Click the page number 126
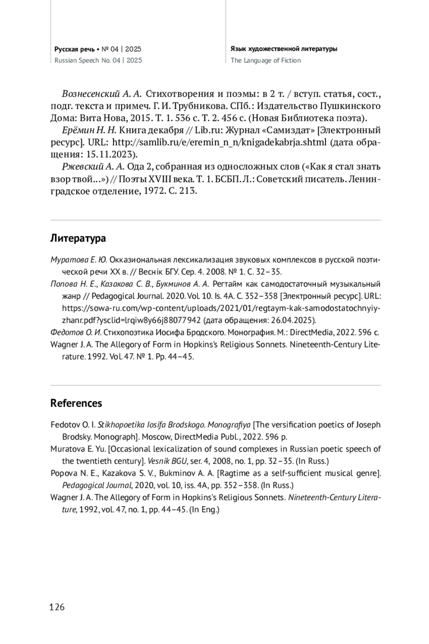pos(57,607)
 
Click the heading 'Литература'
pos(78,238)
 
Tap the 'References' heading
pos(76,403)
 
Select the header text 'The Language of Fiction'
pos(266,60)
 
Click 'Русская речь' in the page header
pos(74,49)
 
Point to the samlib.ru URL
pos(219,143)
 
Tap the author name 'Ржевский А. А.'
pos(93,167)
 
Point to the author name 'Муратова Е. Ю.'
pos(79,260)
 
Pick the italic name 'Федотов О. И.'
pos(76,333)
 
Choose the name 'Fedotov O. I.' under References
pos(73,425)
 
